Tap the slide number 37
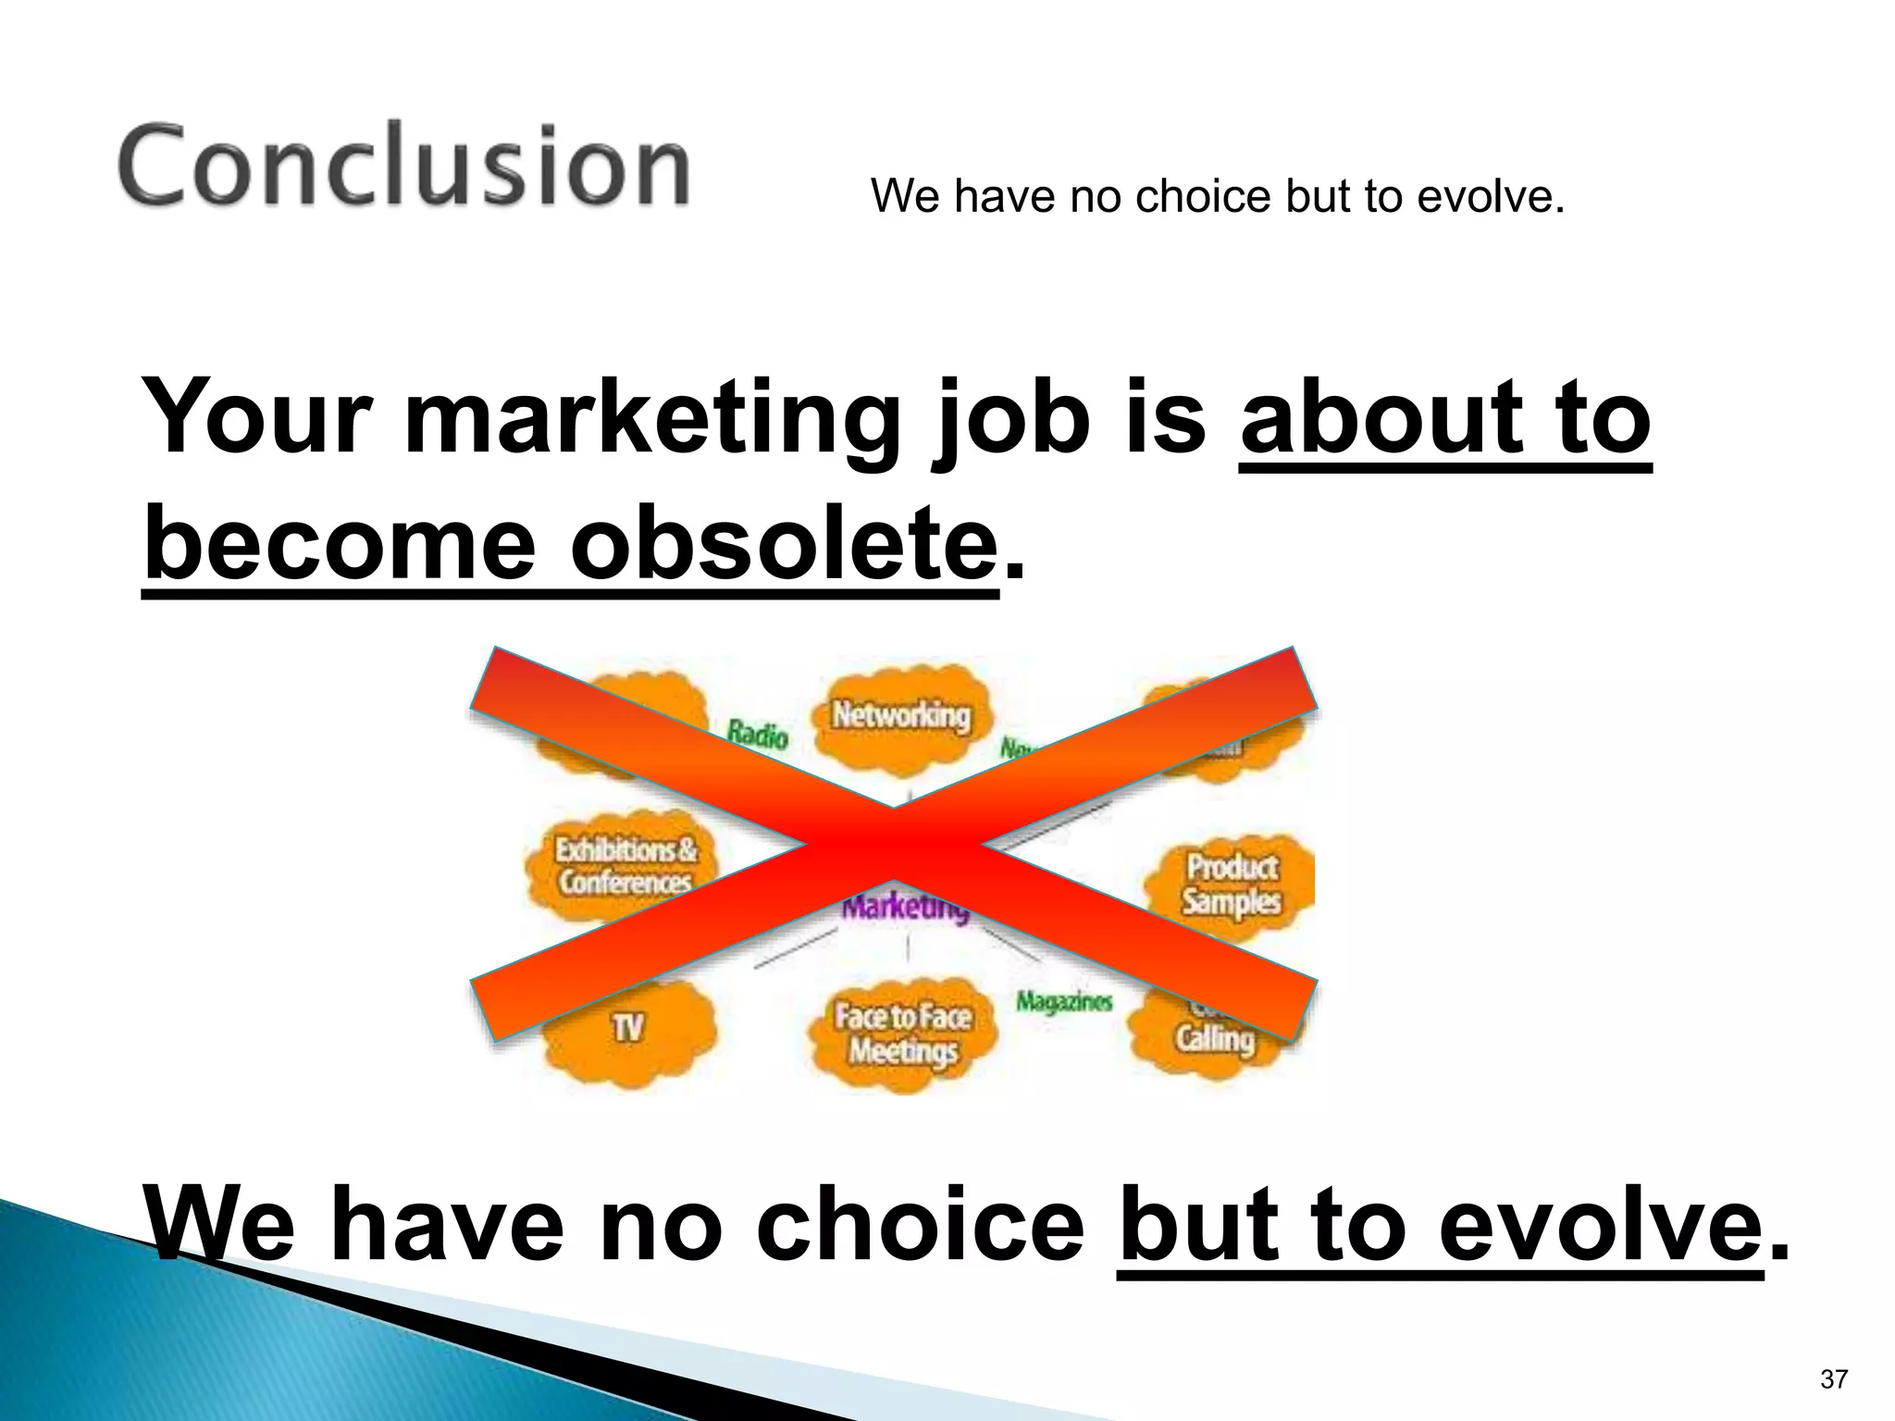pos(1833,1379)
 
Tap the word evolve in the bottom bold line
pos(1600,1226)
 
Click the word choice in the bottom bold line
pos(920,1226)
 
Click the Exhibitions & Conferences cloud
pos(624,866)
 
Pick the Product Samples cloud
pos(1232,883)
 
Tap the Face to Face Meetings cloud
pos(902,1033)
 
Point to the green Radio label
pos(757,735)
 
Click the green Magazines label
pos(1063,1001)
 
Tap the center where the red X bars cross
pos(894,843)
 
